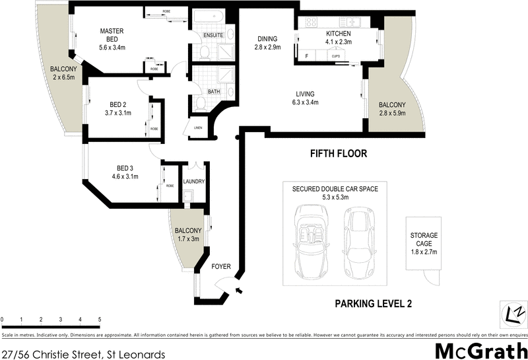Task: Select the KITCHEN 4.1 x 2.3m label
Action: coord(338,38)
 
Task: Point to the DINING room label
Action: coord(268,43)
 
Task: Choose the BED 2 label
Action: coord(119,108)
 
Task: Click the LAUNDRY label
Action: coord(193,182)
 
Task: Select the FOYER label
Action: coord(220,267)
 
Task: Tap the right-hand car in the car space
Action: coord(358,242)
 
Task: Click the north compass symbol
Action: coord(513,312)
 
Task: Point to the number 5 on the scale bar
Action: coord(100,320)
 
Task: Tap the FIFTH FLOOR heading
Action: coord(338,154)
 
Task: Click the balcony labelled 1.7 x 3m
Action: coord(186,234)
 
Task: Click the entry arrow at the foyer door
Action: coord(240,290)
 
